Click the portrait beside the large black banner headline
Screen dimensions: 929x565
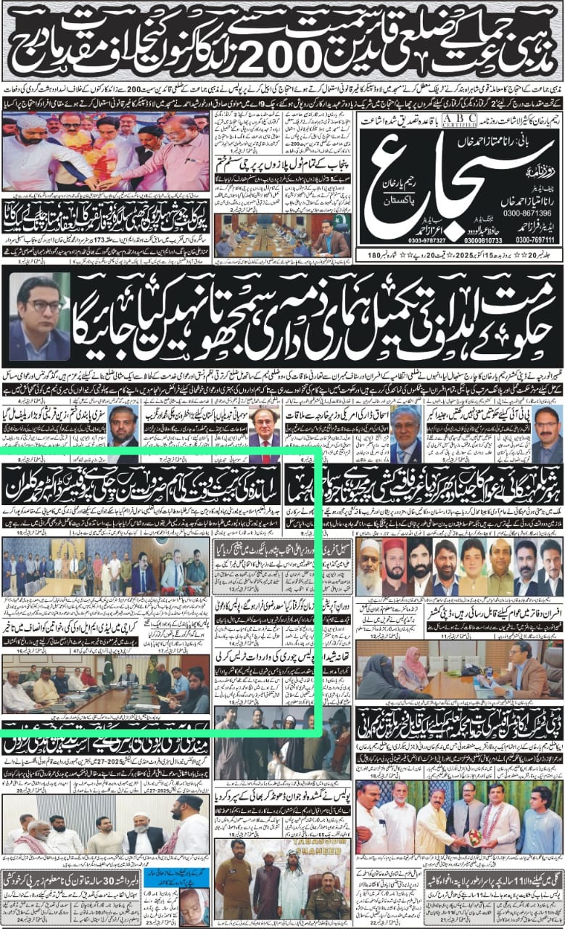point(41,317)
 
